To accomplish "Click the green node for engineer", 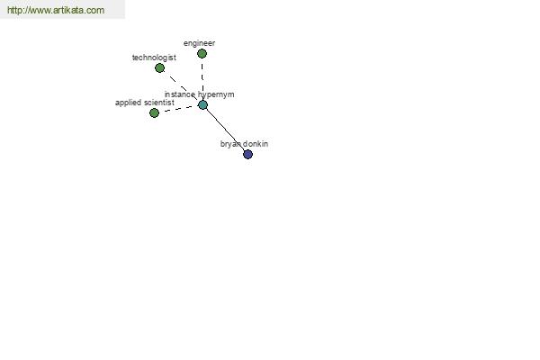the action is point(202,53).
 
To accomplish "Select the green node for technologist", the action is point(159,67).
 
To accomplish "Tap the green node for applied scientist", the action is point(154,112).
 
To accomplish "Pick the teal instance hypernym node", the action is point(202,105).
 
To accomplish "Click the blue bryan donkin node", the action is point(248,154).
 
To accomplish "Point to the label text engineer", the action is point(200,43).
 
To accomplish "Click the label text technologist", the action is point(154,58).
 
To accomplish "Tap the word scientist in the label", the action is point(159,103).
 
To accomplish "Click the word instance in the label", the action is point(180,94).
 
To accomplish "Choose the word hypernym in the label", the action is point(216,94).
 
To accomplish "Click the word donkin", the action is point(256,144).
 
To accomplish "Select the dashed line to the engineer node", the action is point(202,79).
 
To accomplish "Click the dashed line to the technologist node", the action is point(181,86).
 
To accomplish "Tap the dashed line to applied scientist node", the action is point(178,109).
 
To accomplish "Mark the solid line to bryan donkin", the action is point(225,130).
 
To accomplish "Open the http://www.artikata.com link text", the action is point(56,10).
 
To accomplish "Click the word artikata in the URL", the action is point(68,10).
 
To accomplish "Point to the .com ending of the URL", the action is point(94,10).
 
